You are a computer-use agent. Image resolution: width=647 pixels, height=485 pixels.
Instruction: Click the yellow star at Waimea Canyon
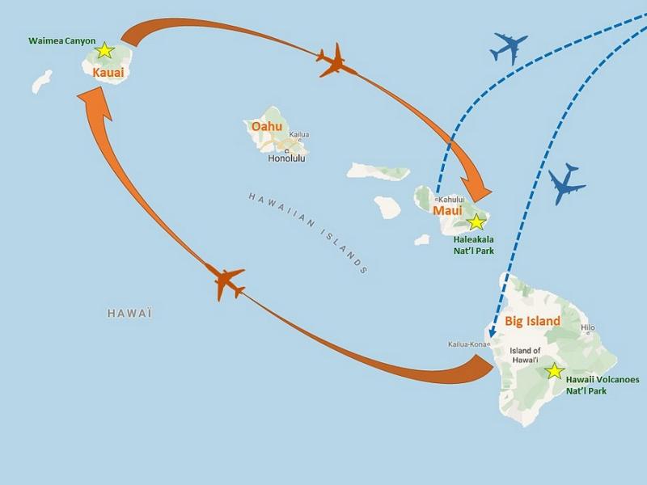pos(104,51)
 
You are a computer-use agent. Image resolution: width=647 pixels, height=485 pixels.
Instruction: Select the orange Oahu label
pos(268,127)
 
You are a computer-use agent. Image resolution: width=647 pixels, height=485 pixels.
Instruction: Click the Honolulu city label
pos(288,158)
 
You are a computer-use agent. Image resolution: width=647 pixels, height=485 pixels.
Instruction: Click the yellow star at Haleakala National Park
pos(477,221)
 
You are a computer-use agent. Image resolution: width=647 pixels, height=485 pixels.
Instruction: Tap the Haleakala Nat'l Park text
pos(473,245)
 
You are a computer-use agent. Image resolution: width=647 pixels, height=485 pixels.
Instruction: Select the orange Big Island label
pos(532,321)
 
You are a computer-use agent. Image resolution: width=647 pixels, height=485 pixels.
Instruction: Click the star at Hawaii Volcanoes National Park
pos(554,371)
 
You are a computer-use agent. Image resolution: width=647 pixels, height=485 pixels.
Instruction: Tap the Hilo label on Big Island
pos(588,327)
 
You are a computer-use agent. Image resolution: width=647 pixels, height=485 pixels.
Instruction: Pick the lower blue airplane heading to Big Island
pos(567,185)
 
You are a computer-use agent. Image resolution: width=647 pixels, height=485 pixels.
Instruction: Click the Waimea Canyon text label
pos(62,40)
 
